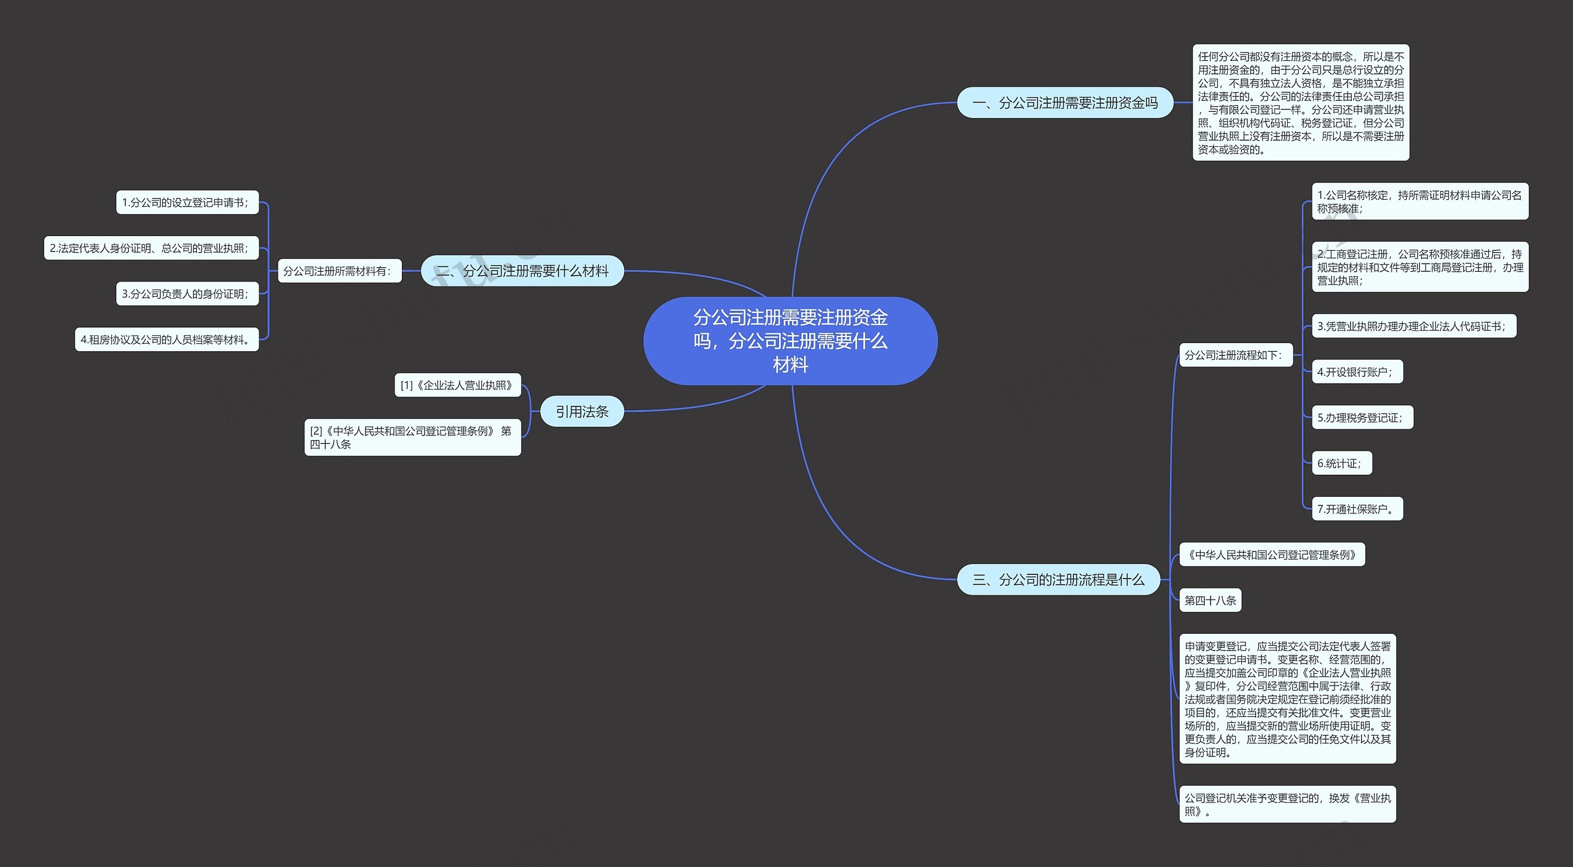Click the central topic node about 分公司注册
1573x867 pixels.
[x=790, y=341]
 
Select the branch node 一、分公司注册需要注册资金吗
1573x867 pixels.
[x=1065, y=103]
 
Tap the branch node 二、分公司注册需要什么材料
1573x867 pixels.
[x=522, y=271]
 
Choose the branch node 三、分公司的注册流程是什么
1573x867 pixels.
[x=1059, y=579]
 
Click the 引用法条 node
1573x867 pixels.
[x=582, y=411]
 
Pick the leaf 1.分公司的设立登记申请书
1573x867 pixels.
[x=187, y=202]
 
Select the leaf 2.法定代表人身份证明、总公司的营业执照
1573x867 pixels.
[x=151, y=248]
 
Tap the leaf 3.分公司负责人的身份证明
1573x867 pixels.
[x=187, y=294]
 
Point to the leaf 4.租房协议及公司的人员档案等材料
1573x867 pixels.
[x=167, y=339]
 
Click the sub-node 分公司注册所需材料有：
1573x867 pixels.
[x=340, y=271]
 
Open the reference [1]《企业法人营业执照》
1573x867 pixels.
[x=458, y=385]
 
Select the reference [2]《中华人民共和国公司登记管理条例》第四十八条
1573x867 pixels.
[x=413, y=437]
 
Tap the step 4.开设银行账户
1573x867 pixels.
[x=1357, y=371]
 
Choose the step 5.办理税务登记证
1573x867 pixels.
[x=1363, y=418]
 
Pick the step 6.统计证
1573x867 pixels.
[x=1342, y=463]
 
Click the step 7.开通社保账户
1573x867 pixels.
[x=1357, y=509]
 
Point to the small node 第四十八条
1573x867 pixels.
[x=1210, y=600]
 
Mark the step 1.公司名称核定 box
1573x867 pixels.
[x=1420, y=201]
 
